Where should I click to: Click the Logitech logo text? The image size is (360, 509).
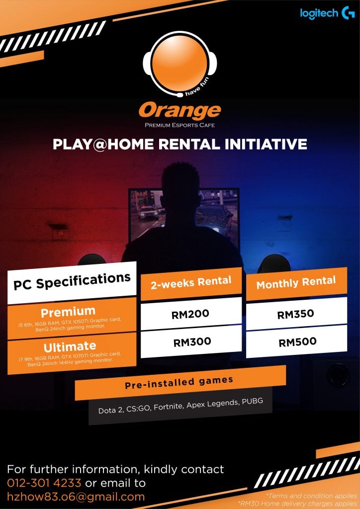pos(319,13)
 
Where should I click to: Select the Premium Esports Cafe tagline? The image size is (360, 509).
pos(180,125)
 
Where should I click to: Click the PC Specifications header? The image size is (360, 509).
pos(72,281)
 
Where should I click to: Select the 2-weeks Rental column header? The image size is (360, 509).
pos(191,282)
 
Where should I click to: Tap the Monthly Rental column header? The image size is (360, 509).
pos(296,282)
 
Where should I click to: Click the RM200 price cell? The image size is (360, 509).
pos(191,314)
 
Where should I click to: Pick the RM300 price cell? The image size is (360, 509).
pos(191,342)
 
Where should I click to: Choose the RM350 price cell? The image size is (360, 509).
pos(296,314)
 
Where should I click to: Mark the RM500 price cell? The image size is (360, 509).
pos(297,342)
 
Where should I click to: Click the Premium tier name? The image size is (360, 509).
pos(68,312)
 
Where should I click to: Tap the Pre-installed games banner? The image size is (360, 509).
pos(180,383)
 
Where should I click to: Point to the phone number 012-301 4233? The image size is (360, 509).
pos(44,483)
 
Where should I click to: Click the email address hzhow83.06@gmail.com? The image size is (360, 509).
pos(76,497)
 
